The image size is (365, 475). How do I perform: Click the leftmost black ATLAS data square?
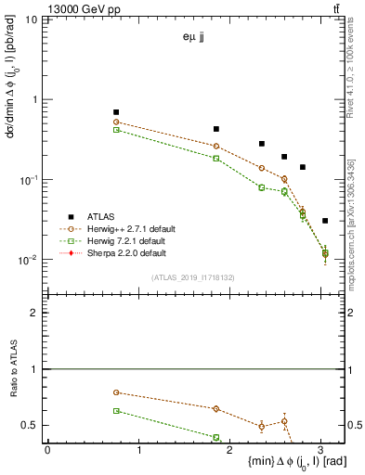pos(116,112)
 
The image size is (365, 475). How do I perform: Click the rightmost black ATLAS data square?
pos(324,221)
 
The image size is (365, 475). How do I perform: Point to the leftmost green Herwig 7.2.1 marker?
pos(116,130)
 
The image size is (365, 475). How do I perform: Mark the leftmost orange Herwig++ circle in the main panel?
pos(116,122)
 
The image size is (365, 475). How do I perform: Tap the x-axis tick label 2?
pos(230,450)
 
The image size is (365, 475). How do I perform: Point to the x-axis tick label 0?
pos(47,450)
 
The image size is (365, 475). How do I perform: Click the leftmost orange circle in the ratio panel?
pos(116,392)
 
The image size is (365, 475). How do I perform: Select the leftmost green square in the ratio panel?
pos(116,410)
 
